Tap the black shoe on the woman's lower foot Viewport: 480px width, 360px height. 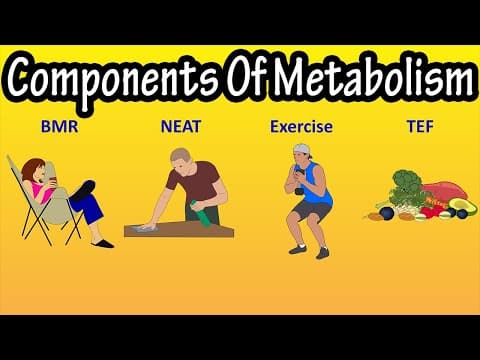tap(102, 244)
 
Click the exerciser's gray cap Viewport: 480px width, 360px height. tap(303, 149)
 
